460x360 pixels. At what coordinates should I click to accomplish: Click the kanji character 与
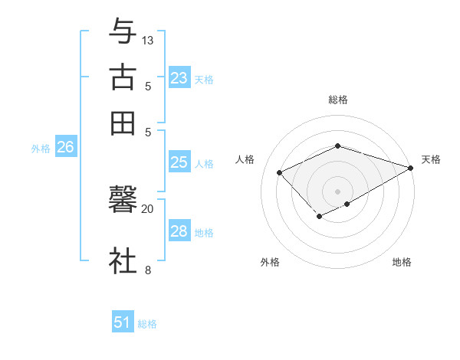[x=123, y=32]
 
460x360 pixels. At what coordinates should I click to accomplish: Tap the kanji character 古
[x=123, y=77]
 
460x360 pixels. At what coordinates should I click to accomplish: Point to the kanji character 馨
[x=123, y=201]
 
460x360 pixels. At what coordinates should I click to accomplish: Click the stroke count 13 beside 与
[x=148, y=40]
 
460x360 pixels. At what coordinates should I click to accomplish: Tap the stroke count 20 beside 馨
[x=148, y=208]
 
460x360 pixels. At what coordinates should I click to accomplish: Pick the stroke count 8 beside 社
[x=148, y=269]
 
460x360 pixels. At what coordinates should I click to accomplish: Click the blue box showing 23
[x=179, y=77]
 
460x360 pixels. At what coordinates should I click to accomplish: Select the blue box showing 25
[x=179, y=162]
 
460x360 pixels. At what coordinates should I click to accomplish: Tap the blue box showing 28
[x=179, y=231]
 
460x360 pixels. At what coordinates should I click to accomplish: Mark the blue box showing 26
[x=65, y=148]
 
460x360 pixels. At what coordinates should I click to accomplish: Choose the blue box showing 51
[x=123, y=322]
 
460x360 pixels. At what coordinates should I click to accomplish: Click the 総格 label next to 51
[x=147, y=324]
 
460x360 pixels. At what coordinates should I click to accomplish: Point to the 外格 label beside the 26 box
[x=41, y=149]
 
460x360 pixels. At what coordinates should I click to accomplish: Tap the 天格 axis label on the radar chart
[x=431, y=159]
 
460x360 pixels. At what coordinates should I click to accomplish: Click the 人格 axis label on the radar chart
[x=245, y=159]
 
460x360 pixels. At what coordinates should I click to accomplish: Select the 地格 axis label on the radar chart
[x=402, y=263]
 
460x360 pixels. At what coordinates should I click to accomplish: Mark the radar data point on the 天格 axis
[x=411, y=168]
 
